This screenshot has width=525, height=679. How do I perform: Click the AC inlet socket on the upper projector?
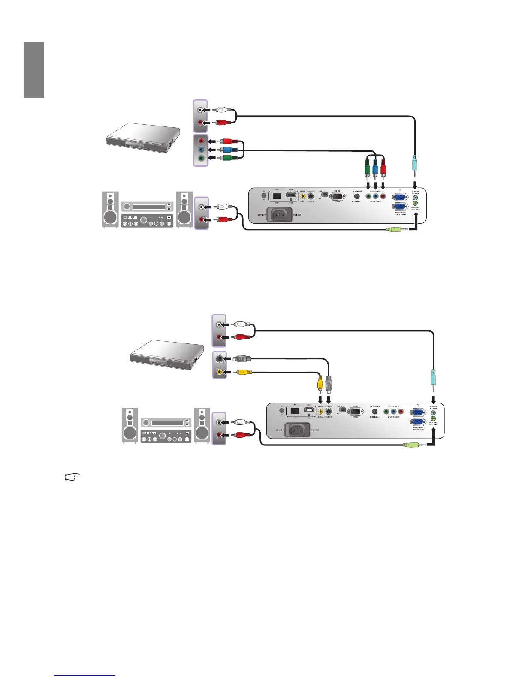[280, 214]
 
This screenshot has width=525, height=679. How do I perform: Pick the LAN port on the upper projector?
[277, 196]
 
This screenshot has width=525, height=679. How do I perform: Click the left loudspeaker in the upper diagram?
[110, 210]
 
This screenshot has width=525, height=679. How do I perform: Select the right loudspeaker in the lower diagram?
[202, 425]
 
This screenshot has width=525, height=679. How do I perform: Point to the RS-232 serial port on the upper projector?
[337, 196]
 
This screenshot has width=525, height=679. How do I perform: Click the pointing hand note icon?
[72, 477]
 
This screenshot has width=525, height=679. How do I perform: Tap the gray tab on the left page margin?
[34, 70]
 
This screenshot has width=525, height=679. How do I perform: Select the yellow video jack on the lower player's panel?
[220, 372]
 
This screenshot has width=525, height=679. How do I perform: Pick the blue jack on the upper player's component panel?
[201, 150]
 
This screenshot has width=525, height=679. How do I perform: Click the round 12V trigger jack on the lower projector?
[374, 412]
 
